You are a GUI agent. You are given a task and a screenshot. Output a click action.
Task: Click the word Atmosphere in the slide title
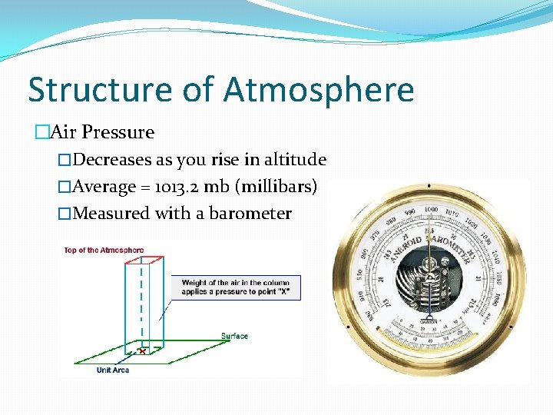319,90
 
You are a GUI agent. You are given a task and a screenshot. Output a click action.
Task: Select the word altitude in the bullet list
295,160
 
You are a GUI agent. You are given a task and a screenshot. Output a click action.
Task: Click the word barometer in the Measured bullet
253,213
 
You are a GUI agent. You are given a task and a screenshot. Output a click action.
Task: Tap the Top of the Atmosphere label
104,250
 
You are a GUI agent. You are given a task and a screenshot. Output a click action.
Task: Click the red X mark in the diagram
142,351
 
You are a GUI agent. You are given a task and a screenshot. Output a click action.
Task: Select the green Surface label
234,336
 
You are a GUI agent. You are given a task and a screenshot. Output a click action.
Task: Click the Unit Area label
113,370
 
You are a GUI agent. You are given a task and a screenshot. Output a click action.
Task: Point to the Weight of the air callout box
235,287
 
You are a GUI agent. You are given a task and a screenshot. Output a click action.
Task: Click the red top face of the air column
144,258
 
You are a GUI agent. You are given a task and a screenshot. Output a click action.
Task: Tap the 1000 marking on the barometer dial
431,209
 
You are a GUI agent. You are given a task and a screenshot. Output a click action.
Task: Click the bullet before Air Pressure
42,132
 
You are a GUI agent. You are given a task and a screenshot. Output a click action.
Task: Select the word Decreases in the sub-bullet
112,160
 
